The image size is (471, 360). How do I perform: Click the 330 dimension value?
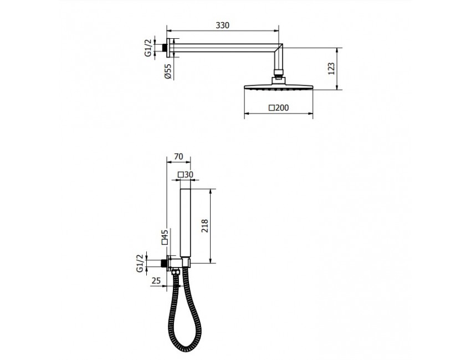point(222,25)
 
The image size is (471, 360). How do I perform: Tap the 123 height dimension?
point(331,69)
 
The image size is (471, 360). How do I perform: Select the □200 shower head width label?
point(279,107)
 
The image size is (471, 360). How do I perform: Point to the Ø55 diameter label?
point(168,71)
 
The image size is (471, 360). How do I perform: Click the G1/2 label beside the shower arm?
point(149,48)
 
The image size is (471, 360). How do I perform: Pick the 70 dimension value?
point(178,156)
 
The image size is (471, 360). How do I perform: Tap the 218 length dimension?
point(204,226)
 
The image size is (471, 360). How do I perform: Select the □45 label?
point(165,237)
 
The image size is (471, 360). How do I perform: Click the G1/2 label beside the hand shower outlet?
point(140,263)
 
